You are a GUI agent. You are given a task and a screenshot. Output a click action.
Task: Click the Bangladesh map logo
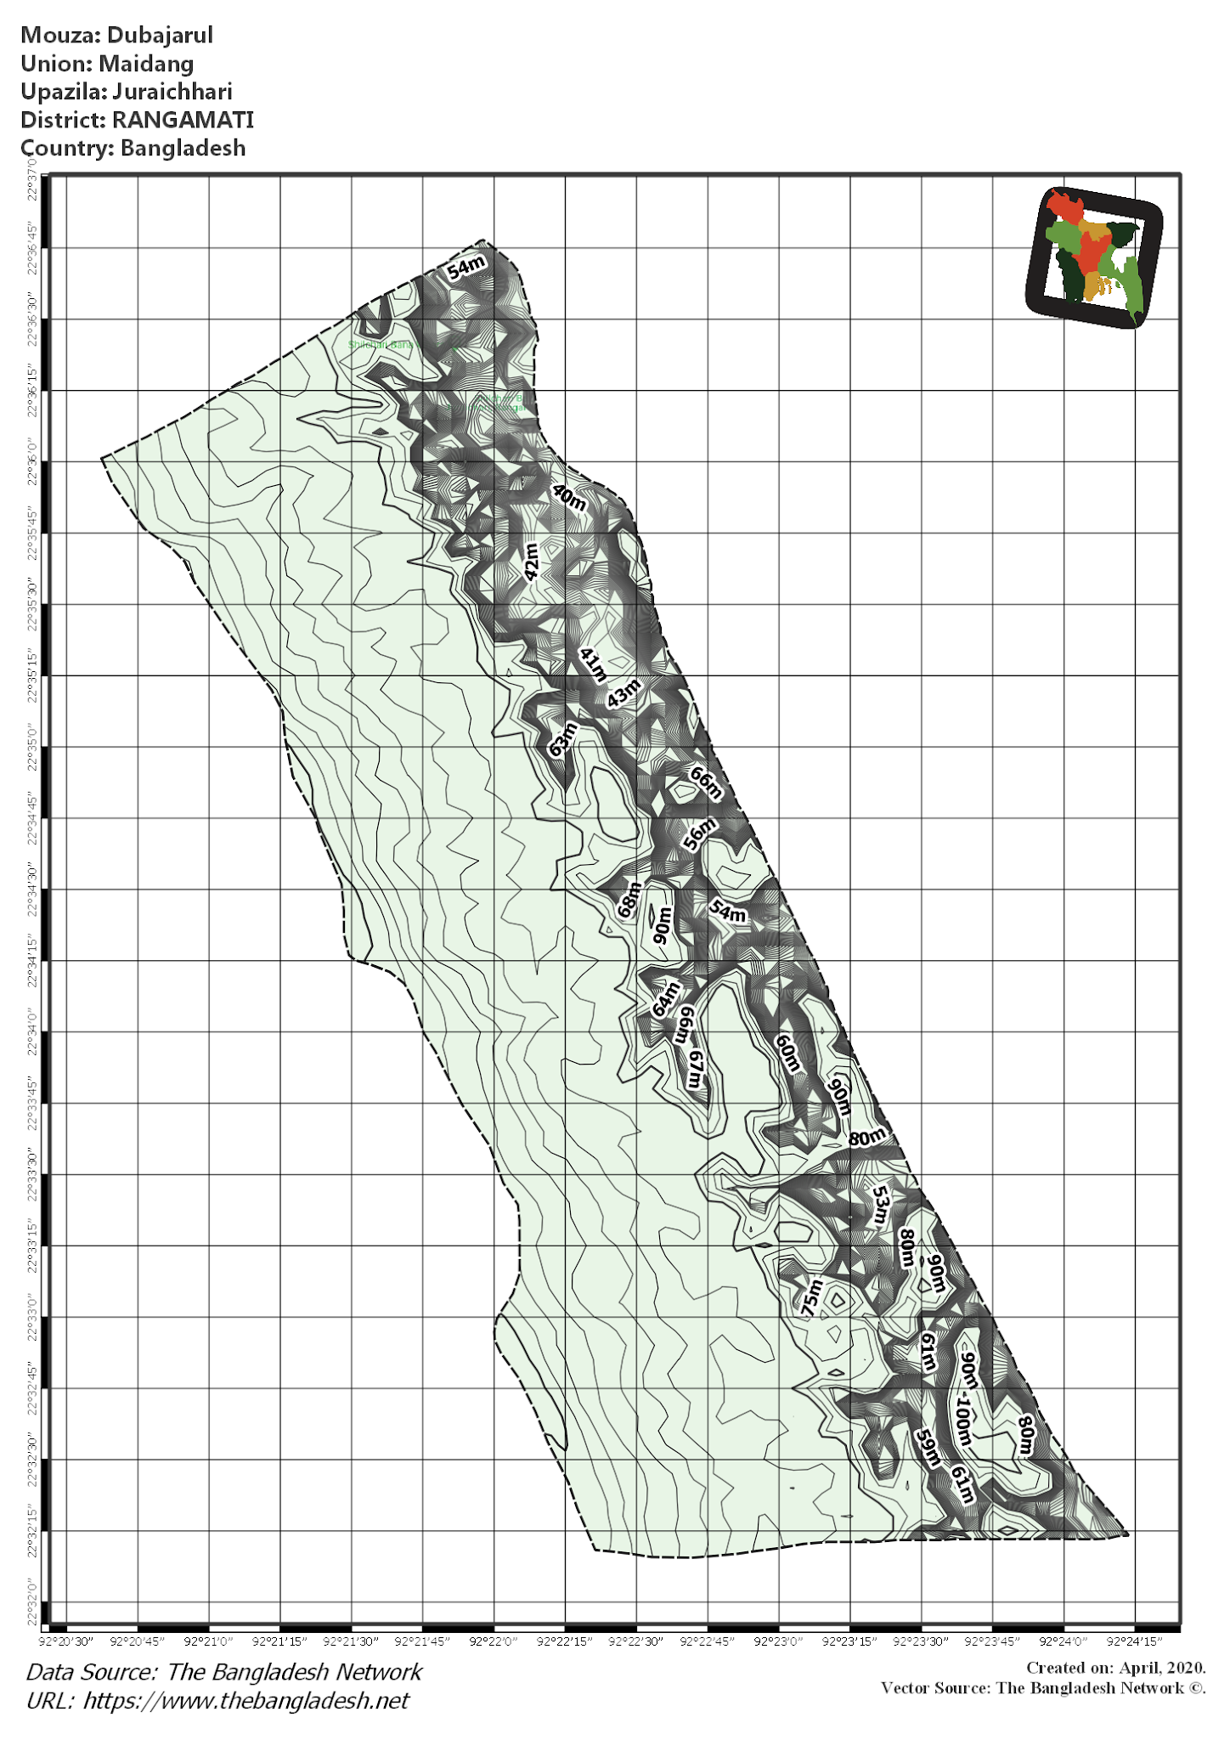click(x=1094, y=257)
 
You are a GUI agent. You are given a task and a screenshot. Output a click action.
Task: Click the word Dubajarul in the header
click(x=160, y=36)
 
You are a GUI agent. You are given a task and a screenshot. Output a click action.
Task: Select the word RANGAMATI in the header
click(x=183, y=120)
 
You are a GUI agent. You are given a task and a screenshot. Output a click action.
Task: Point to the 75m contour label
click(x=813, y=1298)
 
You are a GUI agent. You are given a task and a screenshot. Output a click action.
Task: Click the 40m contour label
click(x=569, y=497)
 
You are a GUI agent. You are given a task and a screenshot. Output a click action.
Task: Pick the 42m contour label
click(x=531, y=562)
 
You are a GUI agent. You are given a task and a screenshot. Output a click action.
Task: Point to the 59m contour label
click(x=928, y=1448)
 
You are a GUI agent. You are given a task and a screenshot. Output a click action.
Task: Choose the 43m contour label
click(x=623, y=693)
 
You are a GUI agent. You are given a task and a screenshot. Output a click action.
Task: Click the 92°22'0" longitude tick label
click(x=494, y=1641)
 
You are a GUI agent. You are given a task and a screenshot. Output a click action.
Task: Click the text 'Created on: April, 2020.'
click(x=1115, y=1668)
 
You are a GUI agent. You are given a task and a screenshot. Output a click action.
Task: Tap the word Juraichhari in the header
click(x=172, y=92)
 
